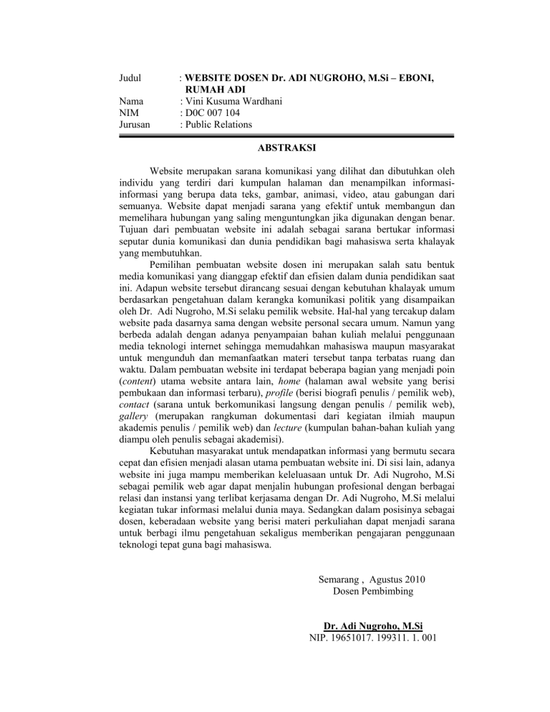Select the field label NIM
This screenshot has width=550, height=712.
pos(130,112)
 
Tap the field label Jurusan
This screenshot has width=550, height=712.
pos(135,125)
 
